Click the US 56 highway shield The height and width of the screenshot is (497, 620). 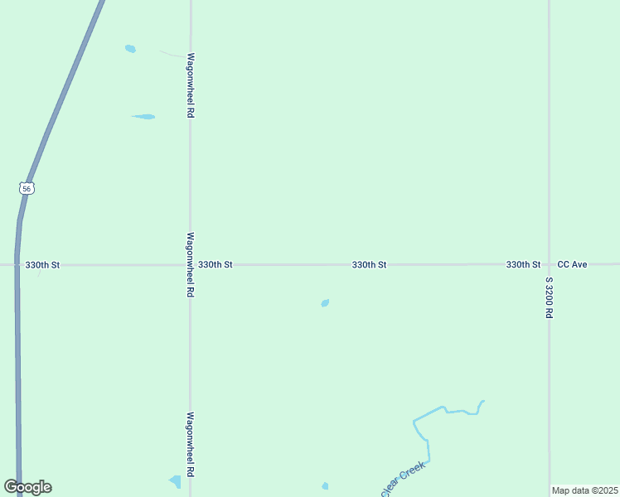pos(27,189)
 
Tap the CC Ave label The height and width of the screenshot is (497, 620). pos(572,264)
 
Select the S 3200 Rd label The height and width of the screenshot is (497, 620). pos(549,298)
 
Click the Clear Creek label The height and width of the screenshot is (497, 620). pos(403,480)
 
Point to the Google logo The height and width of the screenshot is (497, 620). pos(27,487)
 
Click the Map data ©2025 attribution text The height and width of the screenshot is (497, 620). pos(585,490)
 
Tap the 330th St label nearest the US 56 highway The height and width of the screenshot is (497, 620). pos(42,265)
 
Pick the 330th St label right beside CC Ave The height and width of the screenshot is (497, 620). pos(523,264)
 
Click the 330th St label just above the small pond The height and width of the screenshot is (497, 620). pos(369,265)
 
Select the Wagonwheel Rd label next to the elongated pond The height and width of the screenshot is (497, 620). pos(190,85)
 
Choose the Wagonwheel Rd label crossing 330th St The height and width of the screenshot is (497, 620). pos(190,264)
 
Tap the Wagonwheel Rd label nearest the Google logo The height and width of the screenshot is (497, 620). pos(190,445)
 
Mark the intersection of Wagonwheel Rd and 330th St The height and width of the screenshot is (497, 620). pos(190,265)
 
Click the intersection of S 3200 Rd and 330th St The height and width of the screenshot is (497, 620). pos(549,264)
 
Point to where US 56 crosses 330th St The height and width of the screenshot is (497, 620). pos(17,265)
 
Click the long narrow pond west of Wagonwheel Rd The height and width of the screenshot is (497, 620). pos(143,117)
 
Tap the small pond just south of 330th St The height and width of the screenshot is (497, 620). pos(325,303)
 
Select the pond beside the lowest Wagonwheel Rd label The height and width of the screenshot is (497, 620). pos(175,481)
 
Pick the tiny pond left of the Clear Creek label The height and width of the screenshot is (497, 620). pos(325,486)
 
